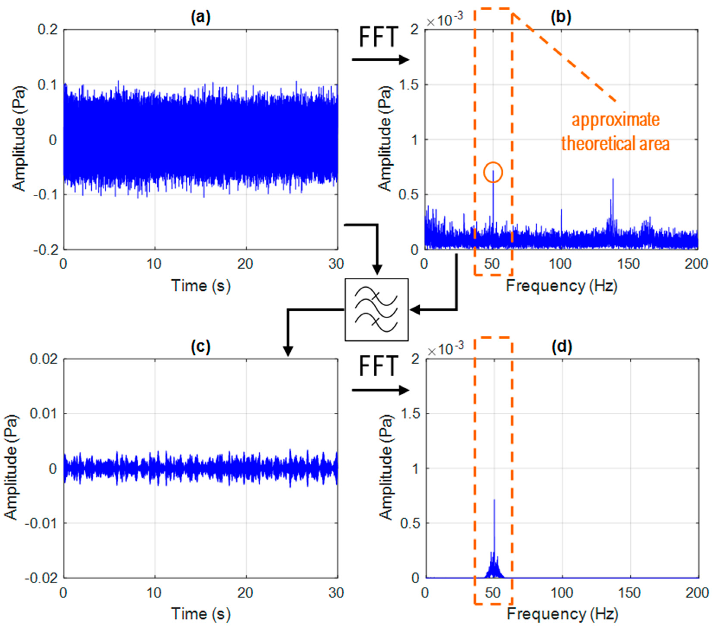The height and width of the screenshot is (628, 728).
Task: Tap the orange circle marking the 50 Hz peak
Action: coord(493,172)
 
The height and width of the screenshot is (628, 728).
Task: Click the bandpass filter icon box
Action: coord(376,309)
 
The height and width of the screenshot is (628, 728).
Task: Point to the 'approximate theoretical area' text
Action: coord(615,132)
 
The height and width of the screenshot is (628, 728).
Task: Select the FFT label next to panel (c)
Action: coord(378,366)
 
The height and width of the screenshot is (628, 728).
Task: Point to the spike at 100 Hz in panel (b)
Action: coord(561,211)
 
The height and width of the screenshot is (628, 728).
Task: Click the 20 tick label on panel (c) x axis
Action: coord(245,593)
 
